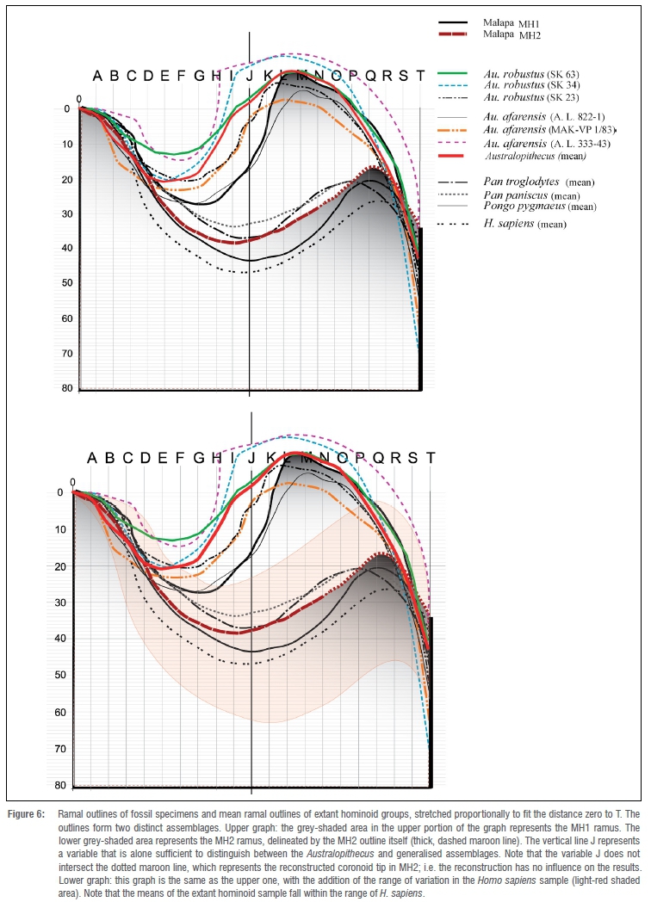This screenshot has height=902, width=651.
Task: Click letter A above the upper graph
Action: [97, 76]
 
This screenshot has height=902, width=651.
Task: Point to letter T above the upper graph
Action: [420, 76]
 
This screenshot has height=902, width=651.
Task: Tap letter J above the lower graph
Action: [251, 457]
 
